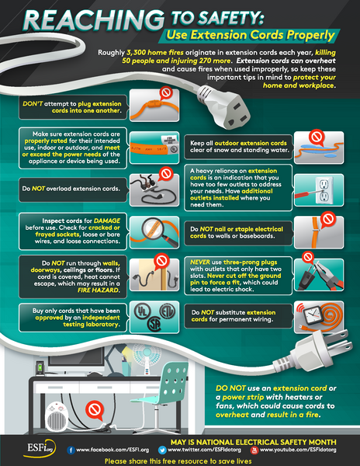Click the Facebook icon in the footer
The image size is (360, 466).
[x=71, y=450]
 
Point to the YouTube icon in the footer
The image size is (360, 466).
[x=255, y=450]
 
